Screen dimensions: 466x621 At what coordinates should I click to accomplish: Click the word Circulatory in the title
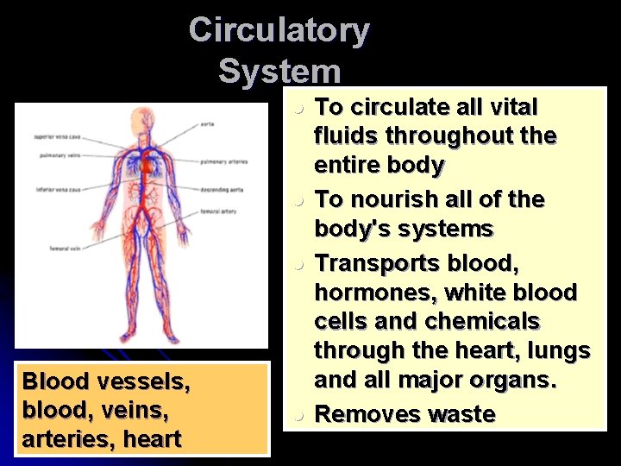[279, 30]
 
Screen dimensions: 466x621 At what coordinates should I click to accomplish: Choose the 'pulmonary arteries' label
[224, 161]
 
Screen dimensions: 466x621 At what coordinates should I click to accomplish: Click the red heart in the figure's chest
[147, 164]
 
